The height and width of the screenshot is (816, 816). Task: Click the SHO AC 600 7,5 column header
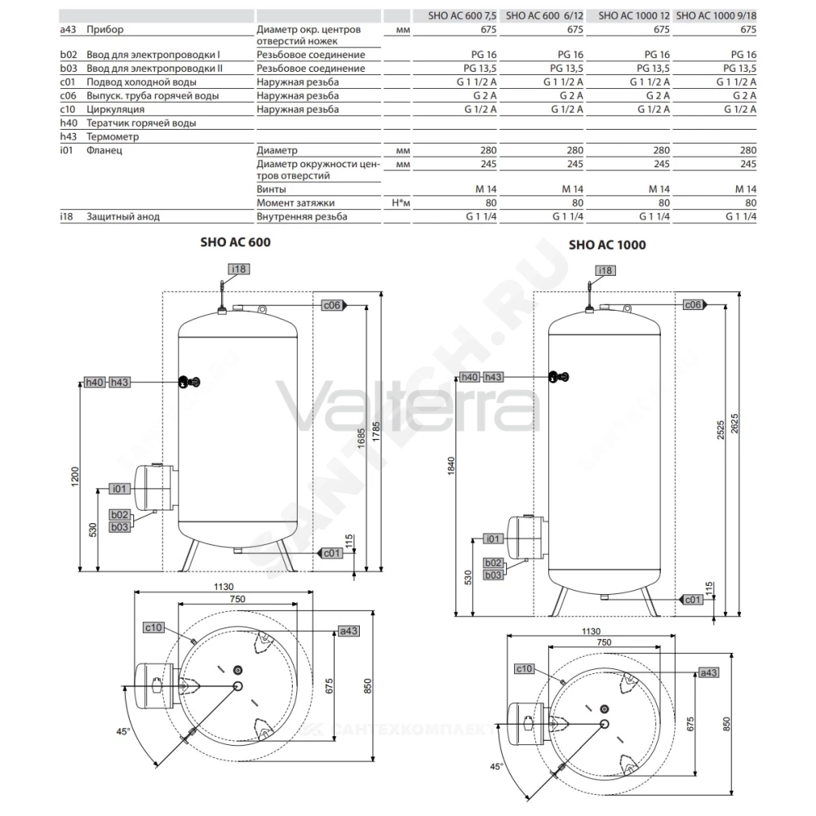462,16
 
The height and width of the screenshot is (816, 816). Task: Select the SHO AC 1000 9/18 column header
716,16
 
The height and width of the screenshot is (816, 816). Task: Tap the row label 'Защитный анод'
123,216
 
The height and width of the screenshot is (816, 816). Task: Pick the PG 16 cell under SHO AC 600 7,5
483,55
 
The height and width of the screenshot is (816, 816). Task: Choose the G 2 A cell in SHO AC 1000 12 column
658,95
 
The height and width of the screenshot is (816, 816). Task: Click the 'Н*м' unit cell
401,203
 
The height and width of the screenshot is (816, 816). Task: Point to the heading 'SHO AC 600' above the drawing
235,242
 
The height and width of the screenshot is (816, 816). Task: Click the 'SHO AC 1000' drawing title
607,245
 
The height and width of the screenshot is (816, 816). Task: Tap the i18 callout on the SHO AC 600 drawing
239,269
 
